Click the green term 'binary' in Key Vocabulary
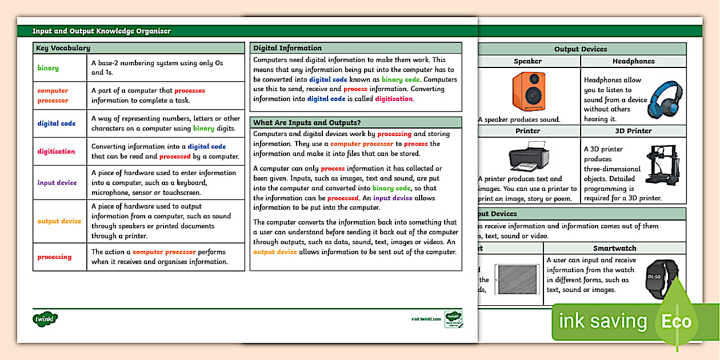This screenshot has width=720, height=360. [x=48, y=68]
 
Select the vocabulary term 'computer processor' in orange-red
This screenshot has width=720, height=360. [x=53, y=95]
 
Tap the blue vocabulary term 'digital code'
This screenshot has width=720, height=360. [x=56, y=123]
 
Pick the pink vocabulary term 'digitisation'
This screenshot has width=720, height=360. [x=56, y=151]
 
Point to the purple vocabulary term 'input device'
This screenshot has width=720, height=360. [x=57, y=183]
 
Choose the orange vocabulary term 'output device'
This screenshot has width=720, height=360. [x=59, y=221]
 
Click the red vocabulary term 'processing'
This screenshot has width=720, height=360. [x=54, y=257]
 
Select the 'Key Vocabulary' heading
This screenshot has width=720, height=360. [x=63, y=49]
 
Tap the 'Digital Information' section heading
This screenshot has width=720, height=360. [x=287, y=49]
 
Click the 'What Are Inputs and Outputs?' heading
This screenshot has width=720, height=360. [x=307, y=123]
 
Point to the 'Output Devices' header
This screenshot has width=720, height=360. [x=581, y=49]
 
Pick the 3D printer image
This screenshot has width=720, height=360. [x=663, y=169]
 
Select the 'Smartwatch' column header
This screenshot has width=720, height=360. [x=614, y=249]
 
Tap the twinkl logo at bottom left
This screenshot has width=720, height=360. [x=46, y=318]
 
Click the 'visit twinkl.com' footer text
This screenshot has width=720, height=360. [x=426, y=319]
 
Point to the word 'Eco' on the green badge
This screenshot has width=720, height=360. [x=677, y=321]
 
